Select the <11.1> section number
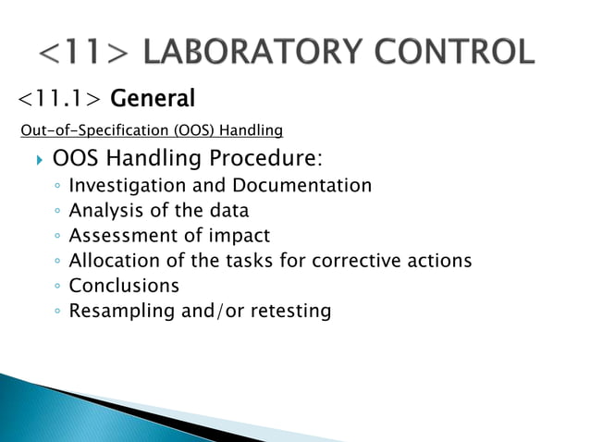tap(60, 98)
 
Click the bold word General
tap(154, 98)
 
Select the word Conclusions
tap(124, 286)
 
